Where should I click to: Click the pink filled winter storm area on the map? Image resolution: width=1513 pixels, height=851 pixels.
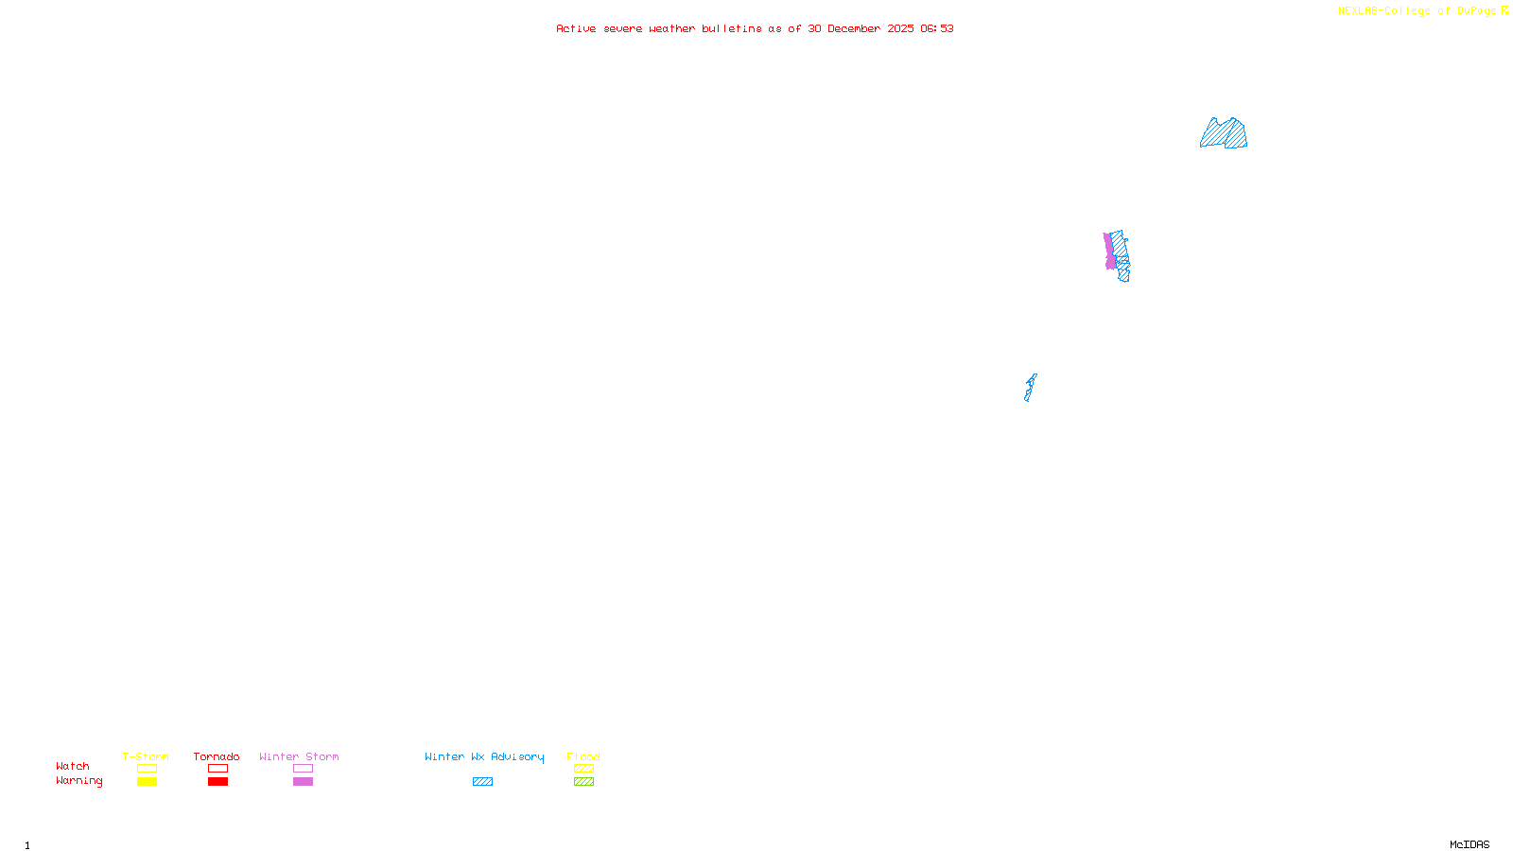pos(1109,252)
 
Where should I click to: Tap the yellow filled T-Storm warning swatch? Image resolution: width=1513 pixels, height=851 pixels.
pos(147,782)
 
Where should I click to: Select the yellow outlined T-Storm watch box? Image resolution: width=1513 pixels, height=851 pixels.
pos(147,769)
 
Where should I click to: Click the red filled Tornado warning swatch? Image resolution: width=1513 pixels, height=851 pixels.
pos(217,782)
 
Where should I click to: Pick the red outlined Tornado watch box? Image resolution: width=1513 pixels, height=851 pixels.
pos(217,769)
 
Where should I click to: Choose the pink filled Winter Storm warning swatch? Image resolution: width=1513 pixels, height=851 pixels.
pos(303,782)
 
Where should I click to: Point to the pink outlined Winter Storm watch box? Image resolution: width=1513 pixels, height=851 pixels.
pos(303,769)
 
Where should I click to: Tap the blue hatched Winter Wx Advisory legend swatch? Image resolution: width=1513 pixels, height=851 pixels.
pos(482,782)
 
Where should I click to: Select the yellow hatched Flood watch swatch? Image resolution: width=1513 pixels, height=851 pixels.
pos(583,769)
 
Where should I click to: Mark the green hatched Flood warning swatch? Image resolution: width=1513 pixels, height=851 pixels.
pos(583,782)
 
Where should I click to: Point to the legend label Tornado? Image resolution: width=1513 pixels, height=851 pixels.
pos(217,756)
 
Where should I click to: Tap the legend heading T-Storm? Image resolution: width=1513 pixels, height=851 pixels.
pos(146,756)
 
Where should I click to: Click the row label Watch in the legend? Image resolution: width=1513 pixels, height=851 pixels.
pos(73,767)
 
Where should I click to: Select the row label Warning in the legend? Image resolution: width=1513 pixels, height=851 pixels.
pos(78,781)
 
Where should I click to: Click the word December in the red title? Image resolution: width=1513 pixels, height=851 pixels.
pos(854,28)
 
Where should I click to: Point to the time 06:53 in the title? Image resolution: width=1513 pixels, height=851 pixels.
pos(936,28)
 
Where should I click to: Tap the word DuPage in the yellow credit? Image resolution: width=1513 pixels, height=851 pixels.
pos(1476,11)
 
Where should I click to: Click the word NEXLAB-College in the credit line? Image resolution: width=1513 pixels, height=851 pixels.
pos(1383,11)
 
